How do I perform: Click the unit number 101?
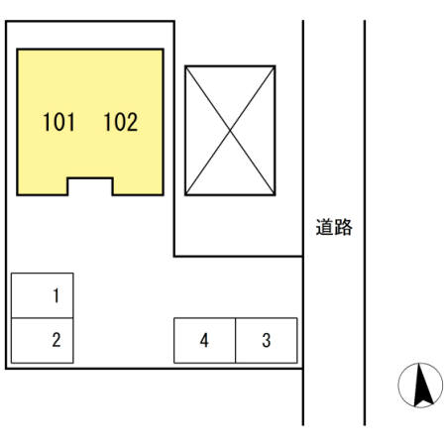(58, 122)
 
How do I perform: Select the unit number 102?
(121, 122)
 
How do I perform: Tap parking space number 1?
(43, 295)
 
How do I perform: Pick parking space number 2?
(43, 341)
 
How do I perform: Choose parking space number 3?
(267, 341)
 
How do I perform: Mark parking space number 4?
(205, 341)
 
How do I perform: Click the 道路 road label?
(334, 227)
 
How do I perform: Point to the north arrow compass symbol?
(420, 385)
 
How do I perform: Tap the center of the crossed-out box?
(230, 131)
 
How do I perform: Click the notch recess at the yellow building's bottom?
(90, 186)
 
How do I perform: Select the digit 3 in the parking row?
(267, 341)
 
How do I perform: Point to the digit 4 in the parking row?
(204, 341)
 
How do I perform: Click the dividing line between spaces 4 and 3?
(236, 341)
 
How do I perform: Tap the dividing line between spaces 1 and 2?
(43, 318)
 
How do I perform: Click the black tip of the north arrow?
(420, 364)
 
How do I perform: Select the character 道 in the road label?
(325, 227)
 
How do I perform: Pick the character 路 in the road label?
(343, 227)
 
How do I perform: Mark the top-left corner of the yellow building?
(17, 50)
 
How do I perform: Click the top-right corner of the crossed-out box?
(275, 66)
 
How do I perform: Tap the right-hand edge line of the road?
(365, 223)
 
